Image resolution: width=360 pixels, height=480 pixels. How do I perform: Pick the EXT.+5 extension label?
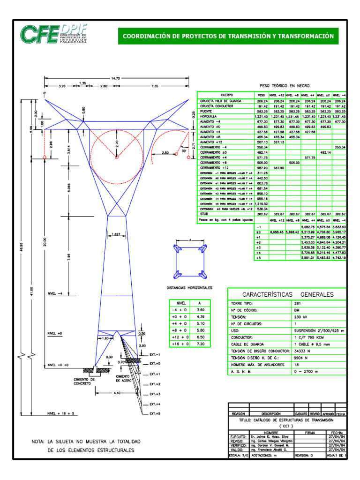pos(155,414)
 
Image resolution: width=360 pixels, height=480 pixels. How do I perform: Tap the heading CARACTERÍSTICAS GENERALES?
pos(287,294)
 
